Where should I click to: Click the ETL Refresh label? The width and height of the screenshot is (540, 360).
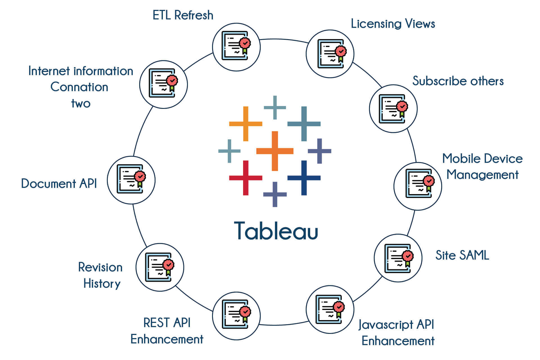[183, 15]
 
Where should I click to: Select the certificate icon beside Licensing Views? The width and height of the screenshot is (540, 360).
[330, 53]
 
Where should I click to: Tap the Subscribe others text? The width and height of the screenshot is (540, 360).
[458, 81]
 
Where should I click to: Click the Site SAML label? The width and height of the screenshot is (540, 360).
[462, 255]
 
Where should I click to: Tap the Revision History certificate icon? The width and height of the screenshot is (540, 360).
[159, 267]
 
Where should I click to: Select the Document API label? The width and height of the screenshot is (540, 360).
[59, 183]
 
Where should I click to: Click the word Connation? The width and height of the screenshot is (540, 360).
[79, 87]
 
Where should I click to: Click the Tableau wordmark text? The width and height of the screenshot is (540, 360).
[276, 231]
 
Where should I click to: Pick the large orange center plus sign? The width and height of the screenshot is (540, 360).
[275, 151]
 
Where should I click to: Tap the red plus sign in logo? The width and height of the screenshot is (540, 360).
[246, 178]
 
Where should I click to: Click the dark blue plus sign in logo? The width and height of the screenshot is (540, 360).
[304, 178]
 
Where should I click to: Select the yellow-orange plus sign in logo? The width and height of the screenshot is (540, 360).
[246, 123]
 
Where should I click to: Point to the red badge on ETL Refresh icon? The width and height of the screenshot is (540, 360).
[245, 43]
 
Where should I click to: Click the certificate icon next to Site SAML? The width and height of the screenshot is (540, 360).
[398, 258]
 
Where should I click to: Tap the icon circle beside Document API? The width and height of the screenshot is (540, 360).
[131, 180]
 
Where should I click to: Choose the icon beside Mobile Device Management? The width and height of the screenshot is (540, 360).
[418, 186]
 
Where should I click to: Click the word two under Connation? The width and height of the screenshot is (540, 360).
[81, 103]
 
